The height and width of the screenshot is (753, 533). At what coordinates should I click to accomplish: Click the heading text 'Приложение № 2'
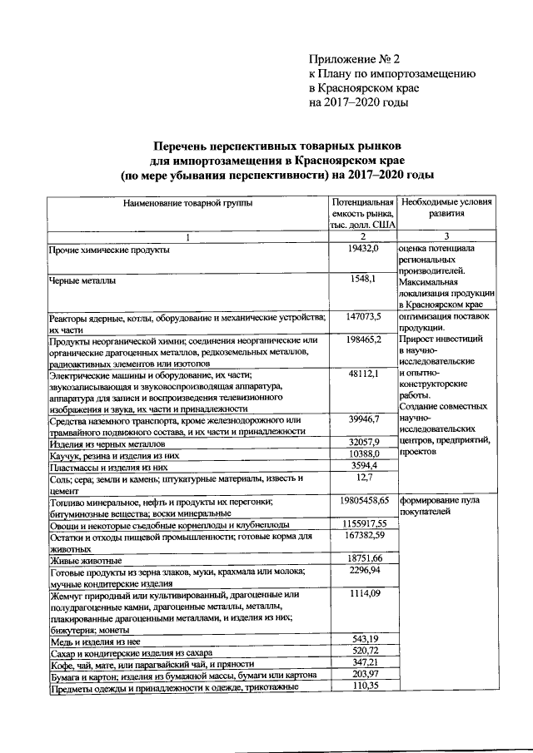pyautogui.click(x=354, y=59)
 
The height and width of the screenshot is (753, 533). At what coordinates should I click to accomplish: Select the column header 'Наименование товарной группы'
pyautogui.click(x=187, y=202)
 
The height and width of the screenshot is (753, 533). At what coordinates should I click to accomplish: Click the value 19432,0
pyautogui.click(x=364, y=249)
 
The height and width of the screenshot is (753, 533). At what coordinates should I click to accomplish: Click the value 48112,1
pyautogui.click(x=364, y=374)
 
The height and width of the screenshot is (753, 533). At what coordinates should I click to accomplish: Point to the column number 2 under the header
pyautogui.click(x=363, y=236)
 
